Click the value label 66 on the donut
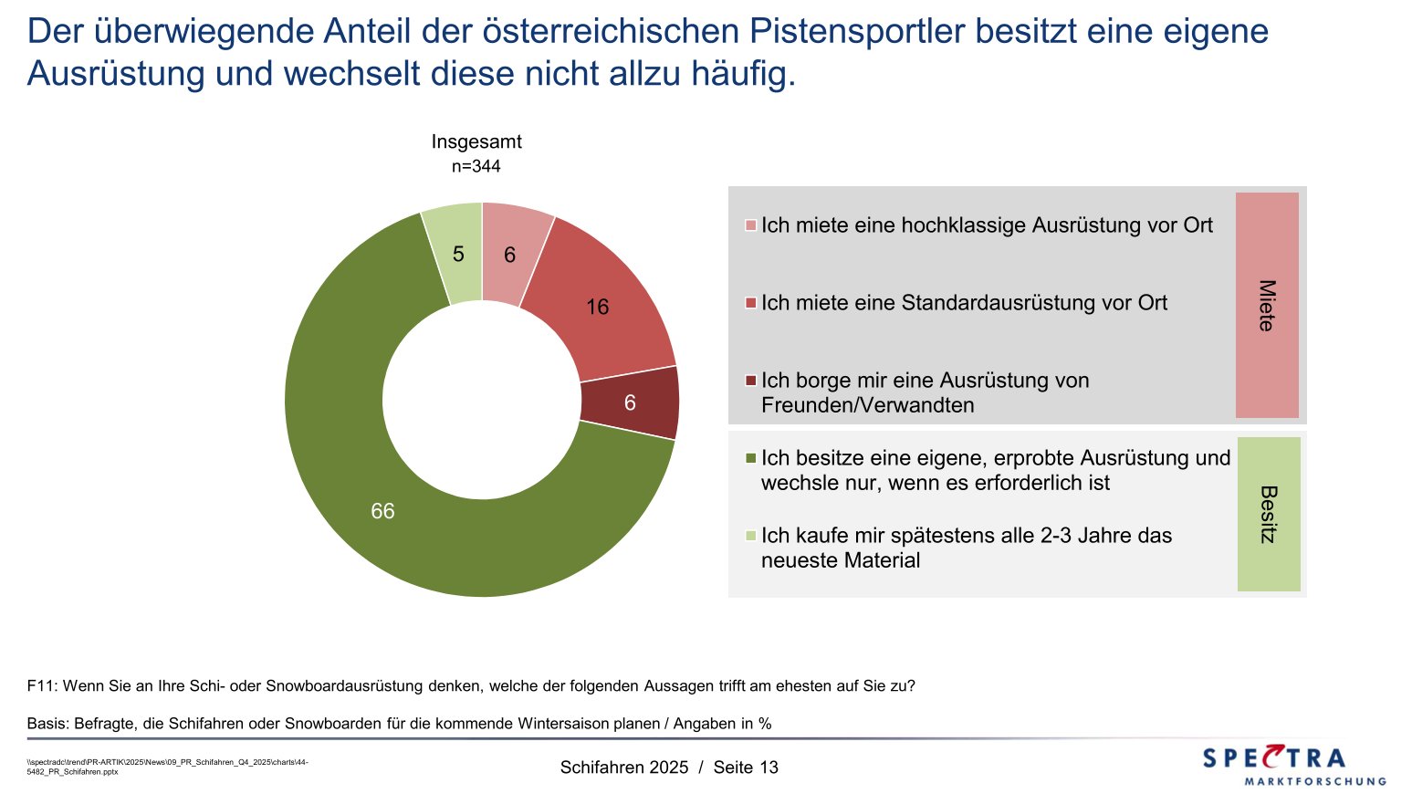coord(382,512)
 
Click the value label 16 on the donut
coord(598,308)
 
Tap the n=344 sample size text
coord(476,167)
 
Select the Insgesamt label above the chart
coord(476,142)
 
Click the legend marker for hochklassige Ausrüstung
coord(751,225)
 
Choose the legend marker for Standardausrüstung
coord(751,303)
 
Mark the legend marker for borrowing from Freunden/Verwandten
coord(751,381)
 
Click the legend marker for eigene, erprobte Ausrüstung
coord(751,458)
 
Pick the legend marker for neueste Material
coord(751,536)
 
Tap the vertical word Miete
coord(1267,305)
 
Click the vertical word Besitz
coord(1268,515)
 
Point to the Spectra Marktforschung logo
coord(1293,765)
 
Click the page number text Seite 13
coord(746,768)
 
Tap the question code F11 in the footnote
coord(42,686)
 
